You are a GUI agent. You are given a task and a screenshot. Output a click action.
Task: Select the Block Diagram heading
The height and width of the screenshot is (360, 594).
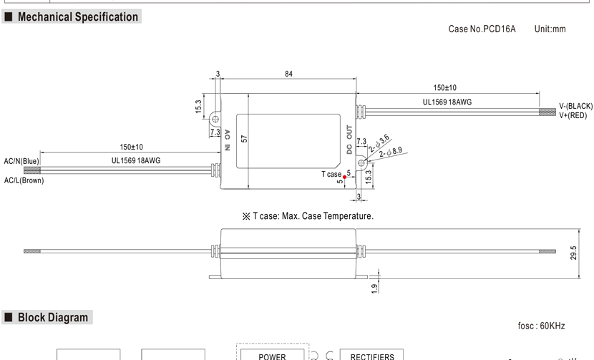pos(53,317)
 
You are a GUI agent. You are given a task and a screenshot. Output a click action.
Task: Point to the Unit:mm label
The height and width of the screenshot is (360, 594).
pos(550,29)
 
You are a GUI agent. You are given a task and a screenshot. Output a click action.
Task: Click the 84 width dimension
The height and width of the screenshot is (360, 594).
pos(288,74)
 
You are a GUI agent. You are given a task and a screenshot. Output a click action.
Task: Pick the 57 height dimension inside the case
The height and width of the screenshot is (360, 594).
pos(244,138)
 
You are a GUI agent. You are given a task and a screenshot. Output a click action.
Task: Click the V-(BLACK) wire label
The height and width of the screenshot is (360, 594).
pos(575,107)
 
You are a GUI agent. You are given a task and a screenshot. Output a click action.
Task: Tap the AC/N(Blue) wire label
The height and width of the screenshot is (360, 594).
pos(21,161)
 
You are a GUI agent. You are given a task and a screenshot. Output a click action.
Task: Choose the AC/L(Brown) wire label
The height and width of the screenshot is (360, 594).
pos(24,180)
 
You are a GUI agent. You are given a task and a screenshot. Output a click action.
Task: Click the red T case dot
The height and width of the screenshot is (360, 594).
pos(345,177)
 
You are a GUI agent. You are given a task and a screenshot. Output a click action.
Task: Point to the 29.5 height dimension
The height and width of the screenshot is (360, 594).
pos(574,253)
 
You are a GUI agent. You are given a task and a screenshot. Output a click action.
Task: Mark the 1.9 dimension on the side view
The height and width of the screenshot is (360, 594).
pos(375,288)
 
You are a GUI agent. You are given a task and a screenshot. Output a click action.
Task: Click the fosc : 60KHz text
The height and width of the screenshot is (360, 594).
pos(541,326)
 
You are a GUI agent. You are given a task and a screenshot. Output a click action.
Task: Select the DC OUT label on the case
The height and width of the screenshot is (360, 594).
pos(349,140)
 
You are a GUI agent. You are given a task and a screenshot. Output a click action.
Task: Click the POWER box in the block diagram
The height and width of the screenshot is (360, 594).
pos(272,355)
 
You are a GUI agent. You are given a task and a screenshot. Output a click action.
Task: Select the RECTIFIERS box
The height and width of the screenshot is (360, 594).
pos(371,355)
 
